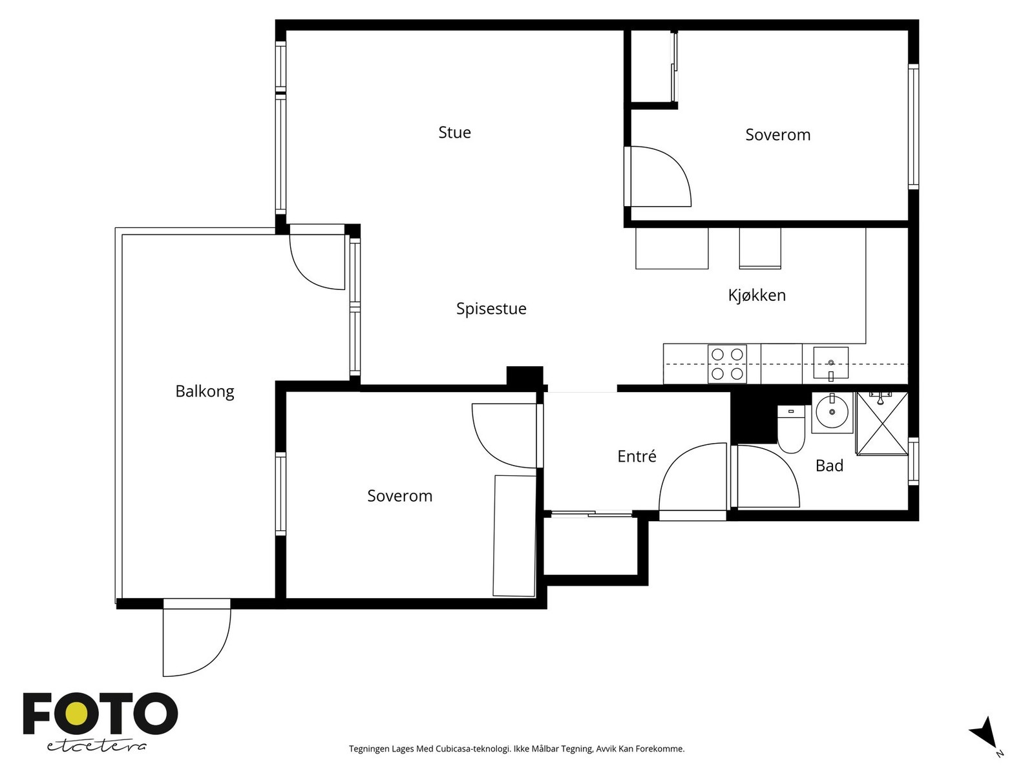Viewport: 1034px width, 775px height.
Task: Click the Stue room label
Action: (454, 132)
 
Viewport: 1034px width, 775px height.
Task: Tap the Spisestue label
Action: (491, 309)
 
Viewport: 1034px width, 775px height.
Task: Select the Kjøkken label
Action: (757, 295)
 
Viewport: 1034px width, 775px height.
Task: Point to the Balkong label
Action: (204, 391)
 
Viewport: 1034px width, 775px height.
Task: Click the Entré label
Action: (637, 455)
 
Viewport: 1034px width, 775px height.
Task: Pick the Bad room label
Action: (829, 466)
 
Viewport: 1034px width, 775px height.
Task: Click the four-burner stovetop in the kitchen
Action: (727, 364)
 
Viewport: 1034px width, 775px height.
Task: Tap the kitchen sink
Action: (830, 363)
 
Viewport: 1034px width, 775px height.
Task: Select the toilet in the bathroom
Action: (791, 429)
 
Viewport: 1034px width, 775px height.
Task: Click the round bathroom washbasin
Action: (832, 412)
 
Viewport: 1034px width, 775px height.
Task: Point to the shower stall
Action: (882, 424)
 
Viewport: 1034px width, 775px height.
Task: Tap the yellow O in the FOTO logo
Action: (76, 714)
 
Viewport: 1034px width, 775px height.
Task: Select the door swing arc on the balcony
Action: (306, 274)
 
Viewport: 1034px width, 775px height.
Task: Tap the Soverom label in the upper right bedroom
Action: (777, 135)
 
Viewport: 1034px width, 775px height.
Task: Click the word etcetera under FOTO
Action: (96, 747)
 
